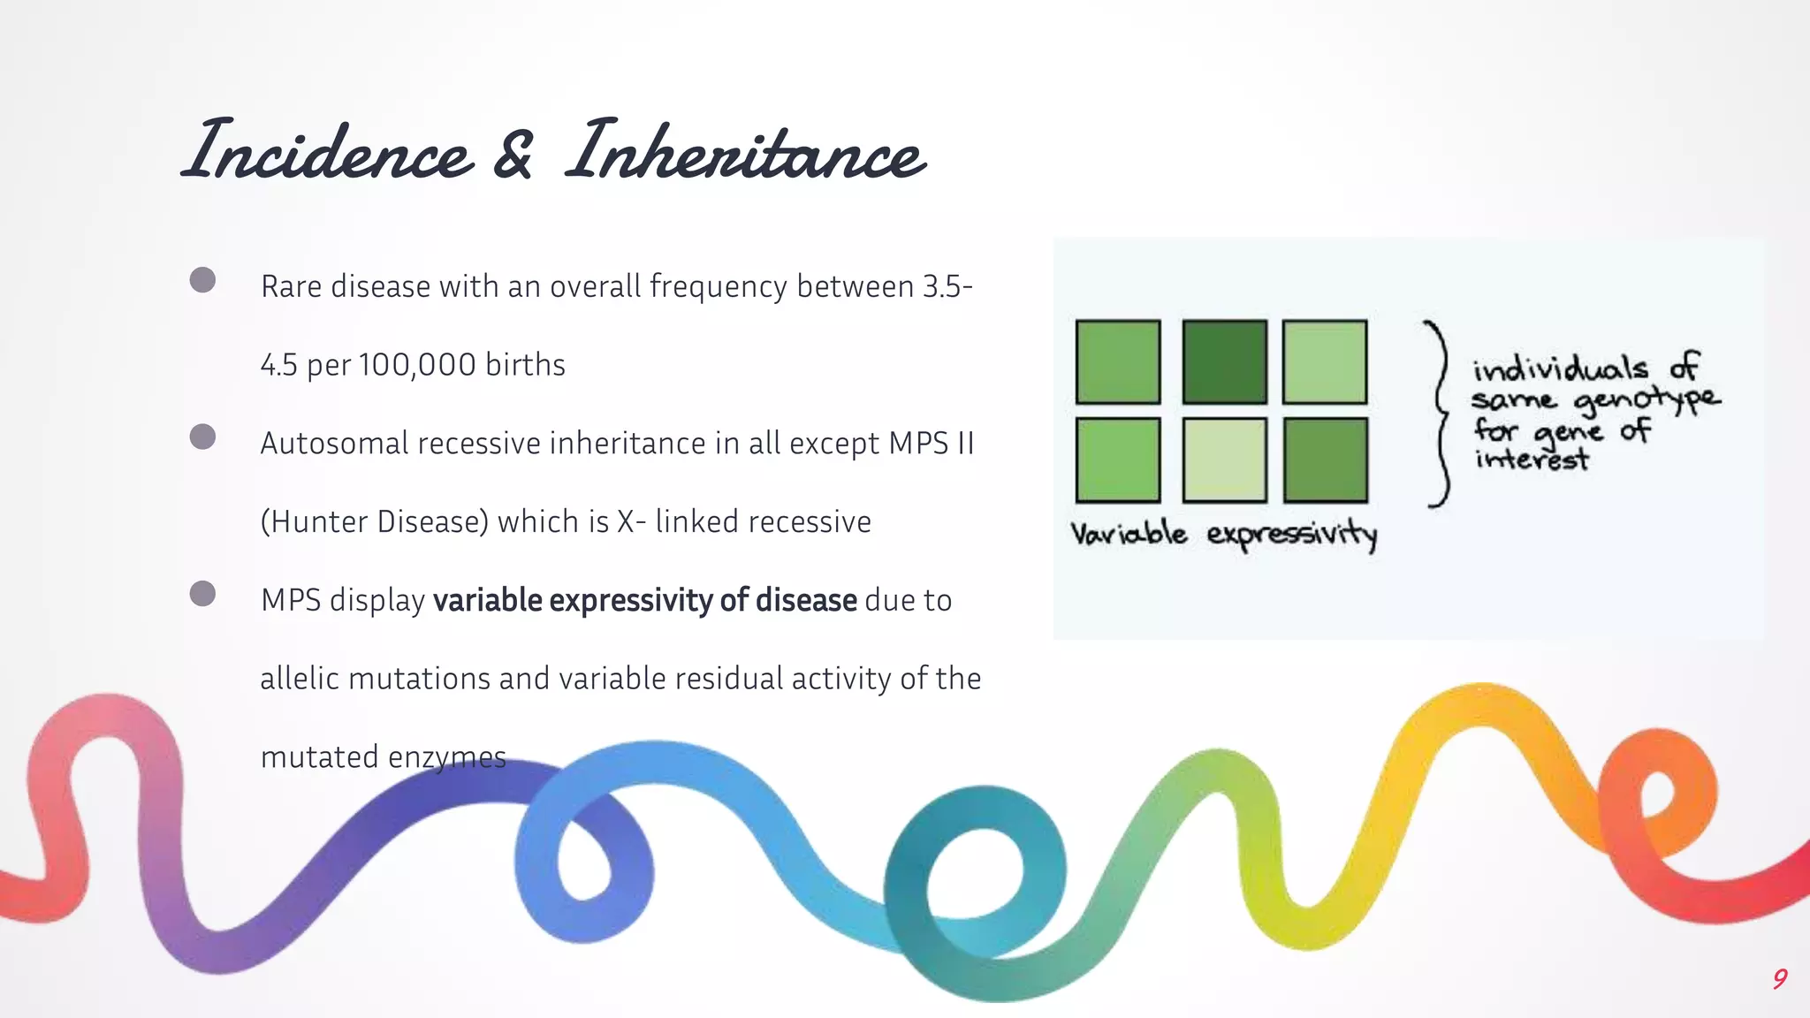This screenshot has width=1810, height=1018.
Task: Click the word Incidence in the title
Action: tap(328, 151)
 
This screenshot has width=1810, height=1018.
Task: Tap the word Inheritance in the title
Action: tap(745, 151)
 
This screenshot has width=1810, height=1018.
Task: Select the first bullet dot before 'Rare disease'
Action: tap(202, 280)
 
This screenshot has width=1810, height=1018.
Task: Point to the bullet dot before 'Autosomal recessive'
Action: tap(202, 437)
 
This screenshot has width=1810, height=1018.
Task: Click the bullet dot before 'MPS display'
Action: tap(202, 593)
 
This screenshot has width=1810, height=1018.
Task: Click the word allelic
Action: tap(300, 678)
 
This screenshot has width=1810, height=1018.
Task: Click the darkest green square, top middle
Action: tap(1224, 362)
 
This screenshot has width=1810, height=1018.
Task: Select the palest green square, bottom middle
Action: tap(1224, 460)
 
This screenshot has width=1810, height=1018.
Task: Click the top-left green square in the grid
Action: tap(1118, 362)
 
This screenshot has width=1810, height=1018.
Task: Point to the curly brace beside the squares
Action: tap(1438, 413)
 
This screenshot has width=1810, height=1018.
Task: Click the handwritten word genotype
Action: tap(1646, 400)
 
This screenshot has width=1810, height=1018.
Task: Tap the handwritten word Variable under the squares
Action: tap(1129, 534)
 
